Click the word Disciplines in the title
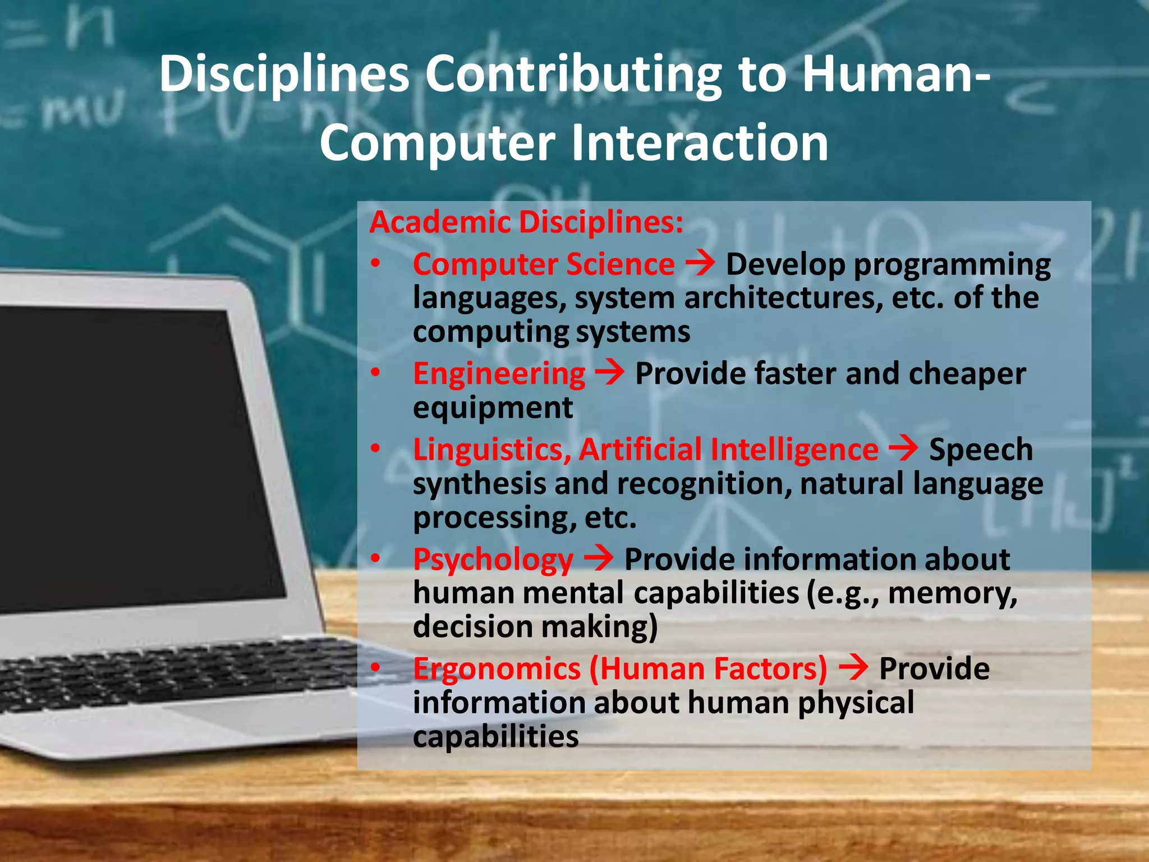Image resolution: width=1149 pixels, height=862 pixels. (284, 76)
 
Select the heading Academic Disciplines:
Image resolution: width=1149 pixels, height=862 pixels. (526, 222)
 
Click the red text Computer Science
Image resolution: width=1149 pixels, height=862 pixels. (544, 264)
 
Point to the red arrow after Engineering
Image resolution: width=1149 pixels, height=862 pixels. (609, 372)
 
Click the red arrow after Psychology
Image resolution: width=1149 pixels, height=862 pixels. (599, 558)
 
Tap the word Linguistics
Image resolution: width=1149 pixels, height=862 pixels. (491, 450)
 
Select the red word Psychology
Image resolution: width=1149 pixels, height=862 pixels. (493, 560)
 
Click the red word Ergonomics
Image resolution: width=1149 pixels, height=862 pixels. (497, 670)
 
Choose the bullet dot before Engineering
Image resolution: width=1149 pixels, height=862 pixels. (375, 373)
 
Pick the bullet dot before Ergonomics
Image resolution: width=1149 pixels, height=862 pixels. (375, 667)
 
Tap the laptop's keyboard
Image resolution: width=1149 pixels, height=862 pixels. (168, 673)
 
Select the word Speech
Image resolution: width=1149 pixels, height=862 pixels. (980, 450)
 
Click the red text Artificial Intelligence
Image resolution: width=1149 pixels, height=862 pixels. (728, 450)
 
